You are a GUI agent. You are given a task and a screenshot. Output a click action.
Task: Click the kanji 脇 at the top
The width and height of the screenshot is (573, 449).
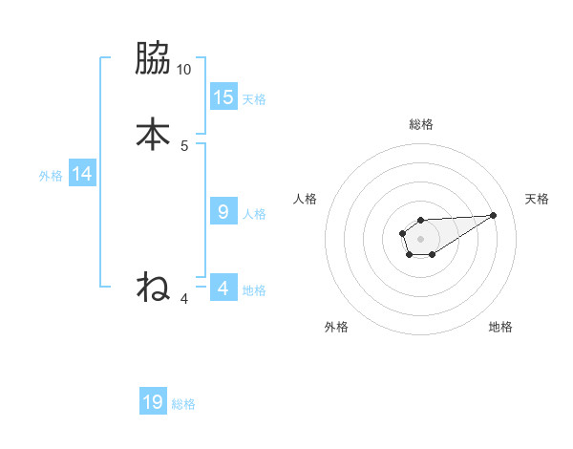coord(153,59)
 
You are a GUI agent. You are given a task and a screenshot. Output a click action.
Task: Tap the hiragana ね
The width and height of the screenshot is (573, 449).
coord(153,286)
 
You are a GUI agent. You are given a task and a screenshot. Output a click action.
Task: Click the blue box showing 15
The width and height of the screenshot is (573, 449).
coord(223,96)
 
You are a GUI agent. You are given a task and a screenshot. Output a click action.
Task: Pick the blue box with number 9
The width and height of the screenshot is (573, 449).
coord(223,212)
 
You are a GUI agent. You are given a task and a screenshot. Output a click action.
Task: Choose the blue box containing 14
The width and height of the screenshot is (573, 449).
coord(82,173)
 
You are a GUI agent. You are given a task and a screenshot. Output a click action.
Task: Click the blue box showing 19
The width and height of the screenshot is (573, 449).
coord(153,402)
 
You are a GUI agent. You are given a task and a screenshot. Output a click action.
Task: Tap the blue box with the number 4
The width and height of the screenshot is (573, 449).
coord(223,288)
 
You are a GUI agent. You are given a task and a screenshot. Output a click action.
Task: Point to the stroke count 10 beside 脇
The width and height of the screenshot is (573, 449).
coord(184,70)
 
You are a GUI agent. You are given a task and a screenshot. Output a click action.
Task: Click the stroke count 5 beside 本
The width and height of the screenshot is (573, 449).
coord(184,145)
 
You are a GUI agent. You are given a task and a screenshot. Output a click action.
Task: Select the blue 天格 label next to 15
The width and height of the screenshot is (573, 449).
coord(254,99)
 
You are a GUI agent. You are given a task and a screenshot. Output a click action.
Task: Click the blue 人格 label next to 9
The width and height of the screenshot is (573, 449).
coord(254,214)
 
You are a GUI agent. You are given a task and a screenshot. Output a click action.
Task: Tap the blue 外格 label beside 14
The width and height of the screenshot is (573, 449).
coord(51,176)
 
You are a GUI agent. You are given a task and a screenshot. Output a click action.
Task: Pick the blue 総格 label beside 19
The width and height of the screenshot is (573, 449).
coord(183,405)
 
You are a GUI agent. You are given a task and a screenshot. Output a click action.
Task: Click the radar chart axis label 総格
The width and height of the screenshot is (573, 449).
coord(421,124)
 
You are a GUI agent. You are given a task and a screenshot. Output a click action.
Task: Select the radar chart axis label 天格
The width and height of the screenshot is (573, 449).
coord(538,199)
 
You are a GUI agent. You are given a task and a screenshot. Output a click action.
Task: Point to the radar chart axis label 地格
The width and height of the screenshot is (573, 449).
coord(500,327)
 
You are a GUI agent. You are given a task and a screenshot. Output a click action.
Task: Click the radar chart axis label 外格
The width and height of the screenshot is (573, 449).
coord(336,327)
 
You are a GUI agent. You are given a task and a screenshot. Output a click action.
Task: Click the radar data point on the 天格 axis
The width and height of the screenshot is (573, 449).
coord(494,214)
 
